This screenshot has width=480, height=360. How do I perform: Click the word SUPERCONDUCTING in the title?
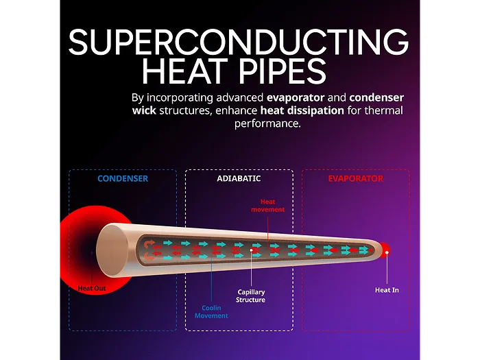238,43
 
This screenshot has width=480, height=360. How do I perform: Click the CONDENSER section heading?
123,178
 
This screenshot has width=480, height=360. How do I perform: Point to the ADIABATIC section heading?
239,178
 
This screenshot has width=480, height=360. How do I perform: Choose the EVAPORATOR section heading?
355,178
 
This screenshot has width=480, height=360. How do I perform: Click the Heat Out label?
92,288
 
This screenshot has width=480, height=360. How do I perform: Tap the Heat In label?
387,290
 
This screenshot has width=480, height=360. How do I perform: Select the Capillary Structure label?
250,296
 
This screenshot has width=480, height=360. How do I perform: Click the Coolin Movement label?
211,312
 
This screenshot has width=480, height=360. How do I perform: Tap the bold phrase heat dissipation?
302,110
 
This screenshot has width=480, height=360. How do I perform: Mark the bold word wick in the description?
144,110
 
